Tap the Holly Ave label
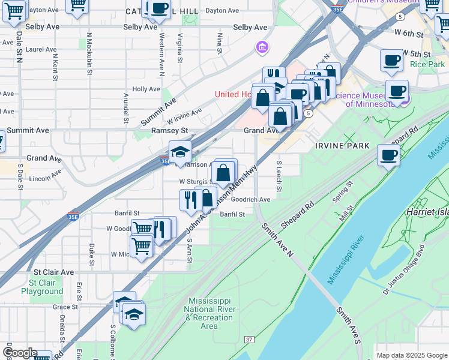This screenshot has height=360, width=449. click(145, 89)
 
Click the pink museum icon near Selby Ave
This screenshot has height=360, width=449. click(261, 46)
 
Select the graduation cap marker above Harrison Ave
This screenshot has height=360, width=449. click(180, 152)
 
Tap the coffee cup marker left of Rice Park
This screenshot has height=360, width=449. click(391, 61)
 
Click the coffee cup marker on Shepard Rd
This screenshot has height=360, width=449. click(388, 155)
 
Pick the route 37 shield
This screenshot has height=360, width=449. click(249, 340)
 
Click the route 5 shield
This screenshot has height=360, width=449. click(309, 113)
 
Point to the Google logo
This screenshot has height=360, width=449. click(19, 353)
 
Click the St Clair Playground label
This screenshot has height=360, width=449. click(42, 287)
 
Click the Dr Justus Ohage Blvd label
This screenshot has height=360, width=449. click(408, 272)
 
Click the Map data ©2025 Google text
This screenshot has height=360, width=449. click(411, 355)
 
